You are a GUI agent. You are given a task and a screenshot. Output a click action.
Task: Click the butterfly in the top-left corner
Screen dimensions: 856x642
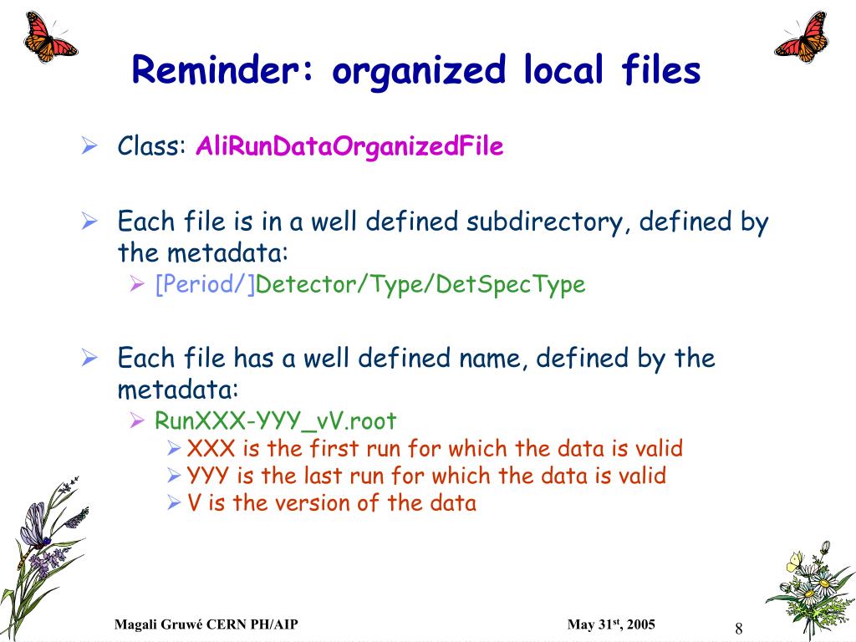(x=49, y=37)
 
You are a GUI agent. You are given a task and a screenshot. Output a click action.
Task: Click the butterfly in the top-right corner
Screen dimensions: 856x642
(x=802, y=38)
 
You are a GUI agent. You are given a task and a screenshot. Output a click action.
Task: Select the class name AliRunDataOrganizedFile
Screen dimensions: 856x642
(x=349, y=146)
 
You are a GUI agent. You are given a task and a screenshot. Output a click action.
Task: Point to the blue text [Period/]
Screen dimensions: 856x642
(x=205, y=284)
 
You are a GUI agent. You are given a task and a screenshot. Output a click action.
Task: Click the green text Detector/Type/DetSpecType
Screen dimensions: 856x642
(x=420, y=285)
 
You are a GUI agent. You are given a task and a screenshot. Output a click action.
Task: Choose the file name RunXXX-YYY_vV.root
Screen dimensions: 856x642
(x=275, y=421)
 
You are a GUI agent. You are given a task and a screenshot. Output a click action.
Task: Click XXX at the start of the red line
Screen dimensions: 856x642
(x=211, y=449)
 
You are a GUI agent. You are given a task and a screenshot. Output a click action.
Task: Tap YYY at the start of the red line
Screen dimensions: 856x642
(x=207, y=476)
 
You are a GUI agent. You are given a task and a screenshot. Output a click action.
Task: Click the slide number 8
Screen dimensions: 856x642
(x=739, y=629)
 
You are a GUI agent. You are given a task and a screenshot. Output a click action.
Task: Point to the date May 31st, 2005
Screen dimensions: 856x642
(x=611, y=624)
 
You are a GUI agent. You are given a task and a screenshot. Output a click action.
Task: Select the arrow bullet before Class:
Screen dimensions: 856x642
(x=89, y=145)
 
